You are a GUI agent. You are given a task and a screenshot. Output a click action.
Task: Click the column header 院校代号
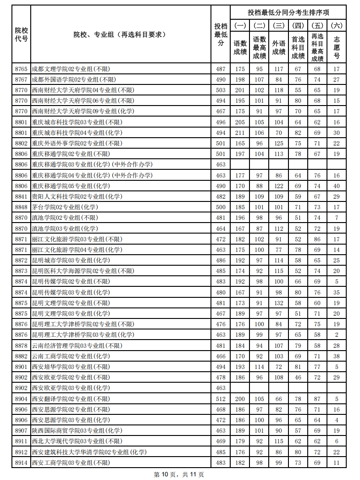coord(21,34)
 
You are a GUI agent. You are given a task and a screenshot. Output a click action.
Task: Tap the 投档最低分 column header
coord(221,34)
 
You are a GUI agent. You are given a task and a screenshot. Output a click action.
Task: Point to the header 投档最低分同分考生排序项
coord(288,12)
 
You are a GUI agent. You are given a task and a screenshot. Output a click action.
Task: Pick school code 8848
coord(21,207)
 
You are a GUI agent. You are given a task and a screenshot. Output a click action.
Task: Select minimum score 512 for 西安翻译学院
coord(221,399)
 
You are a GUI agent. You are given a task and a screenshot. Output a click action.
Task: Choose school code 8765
coord(21,69)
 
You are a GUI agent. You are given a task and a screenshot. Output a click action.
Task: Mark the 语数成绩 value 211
coord(240,133)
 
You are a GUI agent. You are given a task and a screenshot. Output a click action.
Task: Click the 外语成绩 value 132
coord(279,303)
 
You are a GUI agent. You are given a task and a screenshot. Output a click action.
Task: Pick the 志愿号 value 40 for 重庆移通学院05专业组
coord(337,186)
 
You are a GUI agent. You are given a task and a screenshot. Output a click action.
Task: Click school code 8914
coord(21,463)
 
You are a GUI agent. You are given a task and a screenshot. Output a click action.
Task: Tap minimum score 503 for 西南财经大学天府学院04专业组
coord(221,90)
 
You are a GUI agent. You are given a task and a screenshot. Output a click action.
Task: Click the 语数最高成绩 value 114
coord(260,367)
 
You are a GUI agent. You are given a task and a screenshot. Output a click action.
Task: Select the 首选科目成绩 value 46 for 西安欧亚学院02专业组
coord(298,377)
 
